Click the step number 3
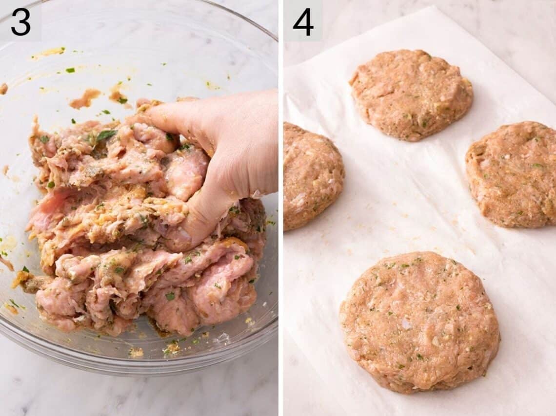coord(20,21)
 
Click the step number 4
coord(303,21)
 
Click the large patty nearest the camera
coord(419,321)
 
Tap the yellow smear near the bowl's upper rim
coord(49,52)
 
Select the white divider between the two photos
coord(280,208)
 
